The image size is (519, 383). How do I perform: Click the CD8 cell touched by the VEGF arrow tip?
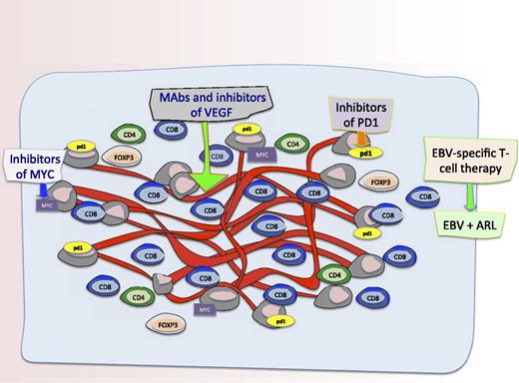tap(209, 210)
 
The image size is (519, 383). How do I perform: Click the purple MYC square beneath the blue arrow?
tap(46, 205)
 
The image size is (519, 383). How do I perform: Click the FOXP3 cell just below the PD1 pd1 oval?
tap(380, 184)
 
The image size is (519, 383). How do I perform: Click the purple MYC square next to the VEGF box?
tap(263, 156)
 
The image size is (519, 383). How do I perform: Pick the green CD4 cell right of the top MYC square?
tap(292, 146)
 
